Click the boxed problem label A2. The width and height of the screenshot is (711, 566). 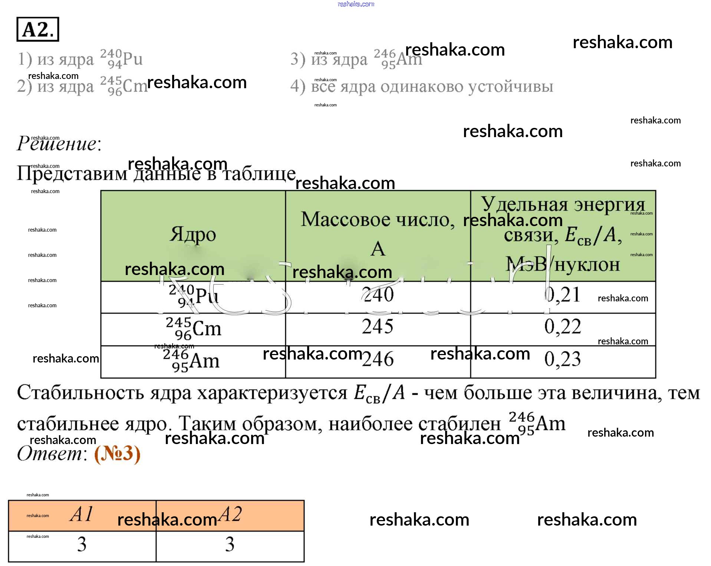37,29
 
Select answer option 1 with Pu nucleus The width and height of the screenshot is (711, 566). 80,59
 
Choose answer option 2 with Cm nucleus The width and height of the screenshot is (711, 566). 82,86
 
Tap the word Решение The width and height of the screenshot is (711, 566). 58,143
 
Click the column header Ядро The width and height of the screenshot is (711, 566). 193,234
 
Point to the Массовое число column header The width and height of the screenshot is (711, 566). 378,219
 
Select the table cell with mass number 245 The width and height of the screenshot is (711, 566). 378,327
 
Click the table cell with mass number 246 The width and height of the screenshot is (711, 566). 378,359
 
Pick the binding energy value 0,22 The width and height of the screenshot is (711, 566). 562,327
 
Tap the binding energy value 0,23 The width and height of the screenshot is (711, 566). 562,359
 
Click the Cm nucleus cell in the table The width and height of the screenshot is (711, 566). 193,328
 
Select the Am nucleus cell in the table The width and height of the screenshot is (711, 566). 191,361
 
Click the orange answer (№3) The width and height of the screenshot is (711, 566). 117,454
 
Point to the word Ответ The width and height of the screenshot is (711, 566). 51,454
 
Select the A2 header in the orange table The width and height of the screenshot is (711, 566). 230,514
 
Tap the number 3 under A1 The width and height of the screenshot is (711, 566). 82,544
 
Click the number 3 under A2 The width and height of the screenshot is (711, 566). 230,544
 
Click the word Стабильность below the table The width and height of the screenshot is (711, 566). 80,393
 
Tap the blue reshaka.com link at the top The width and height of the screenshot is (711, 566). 356,4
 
